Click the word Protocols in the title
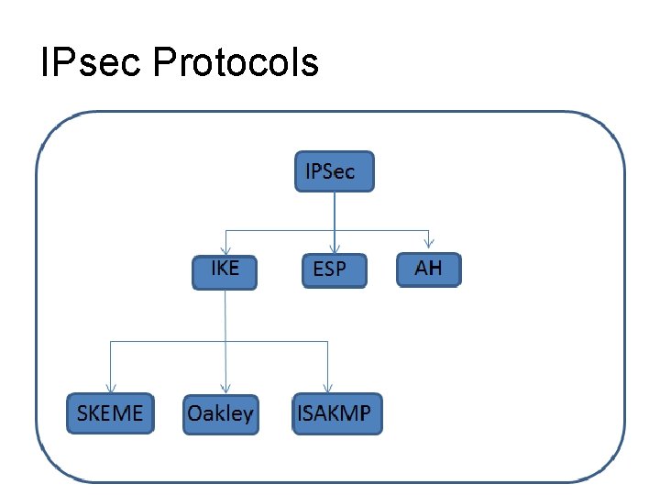(235, 62)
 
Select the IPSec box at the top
(334, 171)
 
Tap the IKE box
(225, 271)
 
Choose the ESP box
(334, 270)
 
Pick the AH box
(428, 269)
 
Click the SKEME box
(110, 412)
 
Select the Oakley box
(220, 413)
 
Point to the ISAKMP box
(335, 412)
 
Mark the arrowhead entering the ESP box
(335, 248)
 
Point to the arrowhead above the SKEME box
(110, 389)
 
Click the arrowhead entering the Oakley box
(225, 390)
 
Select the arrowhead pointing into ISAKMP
(327, 389)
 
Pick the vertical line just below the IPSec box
(335, 209)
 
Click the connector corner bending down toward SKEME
(110, 342)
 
